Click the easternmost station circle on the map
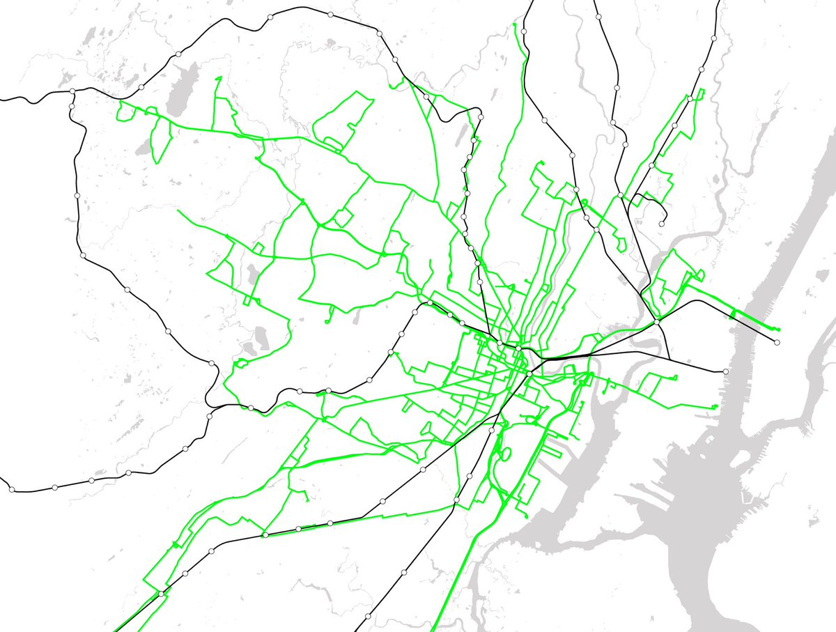click(777, 342)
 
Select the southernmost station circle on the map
click(367, 617)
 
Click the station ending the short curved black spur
click(661, 224)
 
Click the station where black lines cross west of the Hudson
click(657, 323)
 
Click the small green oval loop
click(506, 454)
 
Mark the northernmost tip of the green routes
click(514, 25)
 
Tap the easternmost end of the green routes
click(779, 329)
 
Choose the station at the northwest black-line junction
click(72, 91)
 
